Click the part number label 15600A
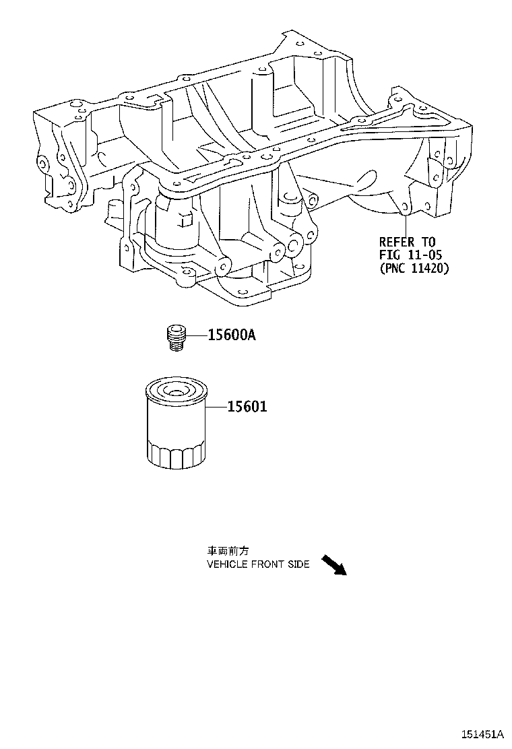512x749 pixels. pos(232,335)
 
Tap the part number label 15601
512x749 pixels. pos(247,407)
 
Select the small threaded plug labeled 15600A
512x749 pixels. pos(177,337)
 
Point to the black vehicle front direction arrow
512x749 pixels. pos(333,565)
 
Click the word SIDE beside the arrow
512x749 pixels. pos(298,564)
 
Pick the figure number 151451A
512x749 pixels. pos(482,734)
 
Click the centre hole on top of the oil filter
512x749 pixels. pos(173,392)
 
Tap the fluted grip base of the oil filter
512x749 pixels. pos(176,456)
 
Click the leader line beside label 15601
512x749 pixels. pos(216,407)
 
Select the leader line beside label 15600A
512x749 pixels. pos(196,336)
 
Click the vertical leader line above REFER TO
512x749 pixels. pos(406,224)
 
